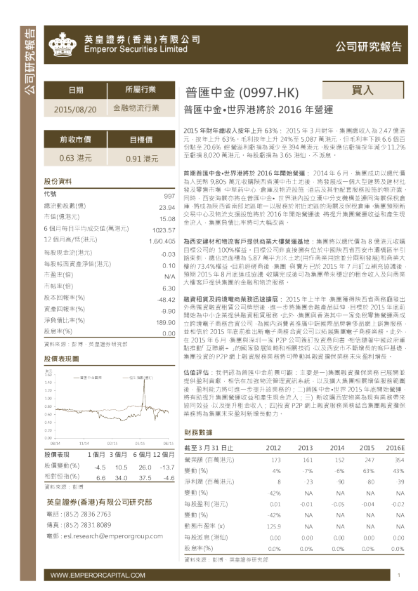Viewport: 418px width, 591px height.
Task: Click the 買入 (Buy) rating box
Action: pyautogui.click(x=363, y=91)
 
